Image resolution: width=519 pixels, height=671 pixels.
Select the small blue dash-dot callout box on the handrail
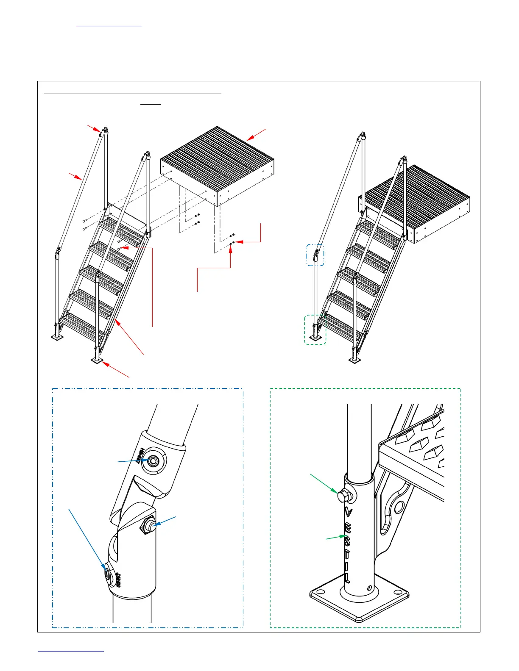coord(315,255)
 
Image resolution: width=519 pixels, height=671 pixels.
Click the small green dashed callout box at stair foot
coord(315,329)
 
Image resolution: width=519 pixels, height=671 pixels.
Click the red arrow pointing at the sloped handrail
coord(75,176)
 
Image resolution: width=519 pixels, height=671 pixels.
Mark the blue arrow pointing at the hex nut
coord(165,521)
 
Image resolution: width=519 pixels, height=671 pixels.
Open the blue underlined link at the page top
coord(109,26)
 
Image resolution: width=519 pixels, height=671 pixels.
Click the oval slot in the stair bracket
coord(398,507)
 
